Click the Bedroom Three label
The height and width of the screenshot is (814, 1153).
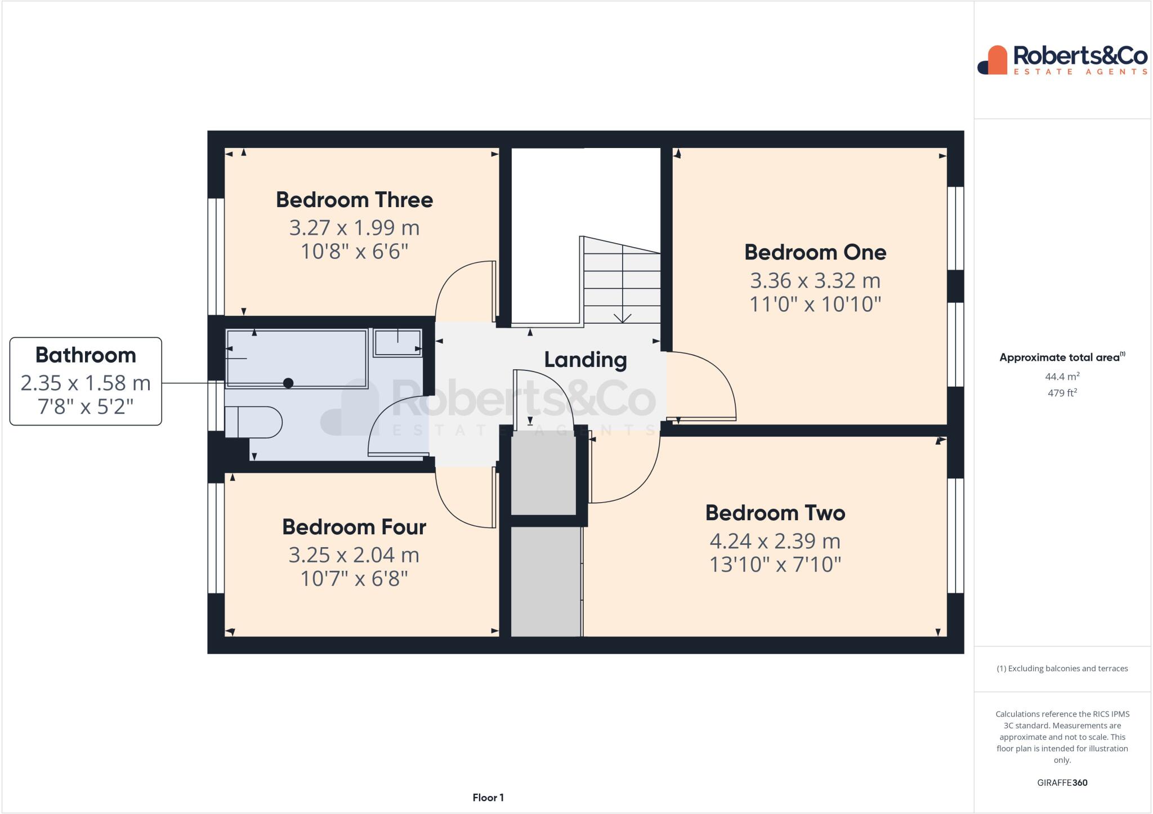[x=354, y=200]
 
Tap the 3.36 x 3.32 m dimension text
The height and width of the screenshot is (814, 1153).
[x=815, y=280]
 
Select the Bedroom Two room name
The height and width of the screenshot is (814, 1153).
[x=775, y=513]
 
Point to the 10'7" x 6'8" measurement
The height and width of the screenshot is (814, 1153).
[x=354, y=578]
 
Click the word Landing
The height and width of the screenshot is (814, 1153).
[x=585, y=360]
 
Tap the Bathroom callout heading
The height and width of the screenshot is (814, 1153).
[x=86, y=355]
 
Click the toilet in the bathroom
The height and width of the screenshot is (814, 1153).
[x=253, y=422]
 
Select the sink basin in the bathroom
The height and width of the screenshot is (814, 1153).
[x=397, y=342]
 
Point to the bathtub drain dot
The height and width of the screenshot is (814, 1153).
[x=288, y=383]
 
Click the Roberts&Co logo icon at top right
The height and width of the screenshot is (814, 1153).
[x=992, y=60]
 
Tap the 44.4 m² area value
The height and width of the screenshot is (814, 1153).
[x=1062, y=377]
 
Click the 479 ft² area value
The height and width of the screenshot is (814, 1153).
[x=1062, y=393]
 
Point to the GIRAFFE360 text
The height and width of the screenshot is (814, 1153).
[x=1062, y=782]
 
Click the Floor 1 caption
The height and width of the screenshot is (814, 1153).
[x=488, y=798]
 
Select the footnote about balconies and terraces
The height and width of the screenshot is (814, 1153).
[x=1062, y=669]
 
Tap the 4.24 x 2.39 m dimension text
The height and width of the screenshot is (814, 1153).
[x=775, y=541]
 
